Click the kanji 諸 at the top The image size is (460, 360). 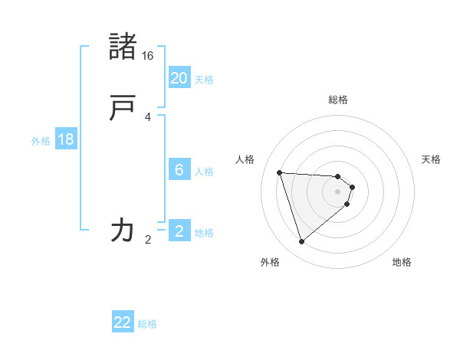coord(123,47)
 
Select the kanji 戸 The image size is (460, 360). coord(123,108)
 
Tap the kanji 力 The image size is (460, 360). coord(123,229)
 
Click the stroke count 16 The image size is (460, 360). coord(148,56)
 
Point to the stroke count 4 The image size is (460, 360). coord(148,117)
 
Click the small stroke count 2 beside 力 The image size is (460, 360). coord(148,240)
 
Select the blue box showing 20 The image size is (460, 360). coord(179,78)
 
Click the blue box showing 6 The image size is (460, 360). coord(179,170)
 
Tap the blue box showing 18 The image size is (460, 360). coord(66,139)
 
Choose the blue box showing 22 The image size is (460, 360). coord(123,322)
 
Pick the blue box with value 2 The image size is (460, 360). coord(179,231)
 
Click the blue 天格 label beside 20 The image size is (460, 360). coord(204,80)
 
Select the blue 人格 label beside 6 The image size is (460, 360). coord(204,172)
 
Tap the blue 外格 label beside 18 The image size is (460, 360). coord(41,141)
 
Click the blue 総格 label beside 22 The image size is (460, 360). coord(147,324)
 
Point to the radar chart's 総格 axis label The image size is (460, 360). coord(338,100)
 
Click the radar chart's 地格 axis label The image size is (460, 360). coord(402,262)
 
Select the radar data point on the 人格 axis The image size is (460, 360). coord(280,172)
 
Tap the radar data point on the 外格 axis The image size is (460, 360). coord(302,242)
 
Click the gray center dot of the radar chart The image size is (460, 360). coord(338,192)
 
